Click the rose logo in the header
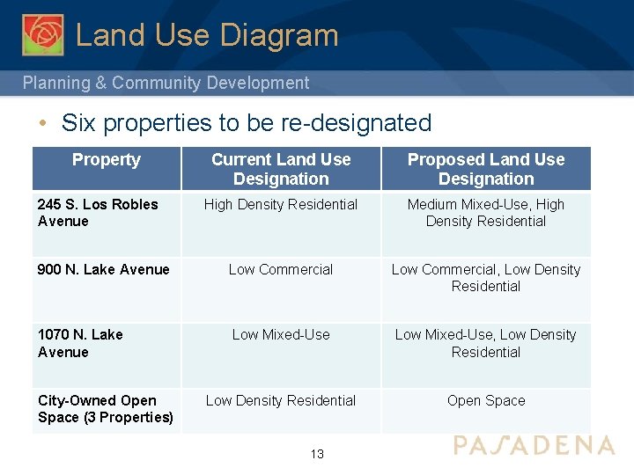coord(43,34)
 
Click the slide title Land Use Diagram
coord(207,35)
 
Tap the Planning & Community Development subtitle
coord(166,83)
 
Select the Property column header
coord(106,160)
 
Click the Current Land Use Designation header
coord(281,169)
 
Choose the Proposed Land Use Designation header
coord(486,169)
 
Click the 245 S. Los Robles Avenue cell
coord(98,213)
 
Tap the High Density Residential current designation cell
coord(281,205)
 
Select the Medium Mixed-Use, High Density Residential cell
coord(486,213)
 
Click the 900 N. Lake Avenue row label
coord(104,270)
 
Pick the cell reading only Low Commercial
coord(281,270)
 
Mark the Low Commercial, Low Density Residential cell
coord(486,278)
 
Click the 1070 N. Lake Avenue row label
coord(80,343)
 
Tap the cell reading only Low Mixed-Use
coord(281,335)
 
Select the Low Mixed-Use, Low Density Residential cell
coord(486,343)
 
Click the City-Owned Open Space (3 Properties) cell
coord(106,409)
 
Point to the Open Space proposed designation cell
coord(486,401)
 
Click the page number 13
coord(317,454)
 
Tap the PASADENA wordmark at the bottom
coord(534,445)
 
